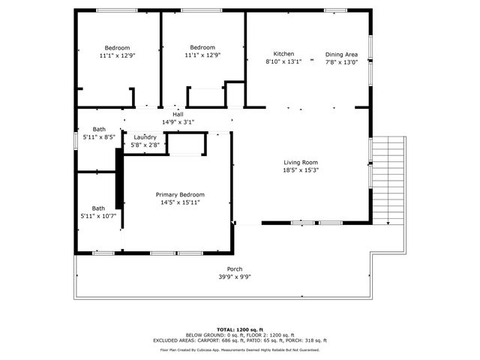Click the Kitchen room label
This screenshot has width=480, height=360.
tap(283, 54)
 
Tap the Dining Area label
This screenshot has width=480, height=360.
tap(341, 55)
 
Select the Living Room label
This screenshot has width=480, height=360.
tap(301, 163)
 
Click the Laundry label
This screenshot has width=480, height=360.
tap(145, 137)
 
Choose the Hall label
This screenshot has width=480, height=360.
tap(178, 115)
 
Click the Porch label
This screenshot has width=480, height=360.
tap(235, 269)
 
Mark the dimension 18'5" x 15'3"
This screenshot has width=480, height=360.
tap(301, 170)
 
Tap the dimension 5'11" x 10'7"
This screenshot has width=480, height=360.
tap(98, 216)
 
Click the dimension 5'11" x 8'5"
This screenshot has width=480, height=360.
tap(98, 137)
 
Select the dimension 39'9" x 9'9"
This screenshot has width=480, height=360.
tap(235, 277)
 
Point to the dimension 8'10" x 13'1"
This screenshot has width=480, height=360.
tap(283, 61)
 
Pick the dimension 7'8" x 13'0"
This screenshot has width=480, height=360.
tap(341, 62)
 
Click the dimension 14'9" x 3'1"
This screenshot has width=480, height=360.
tap(178, 122)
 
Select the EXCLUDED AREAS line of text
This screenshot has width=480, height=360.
tap(240, 340)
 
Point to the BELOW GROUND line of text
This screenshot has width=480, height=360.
tap(240, 335)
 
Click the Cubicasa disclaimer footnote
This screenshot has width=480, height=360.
tap(240, 349)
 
